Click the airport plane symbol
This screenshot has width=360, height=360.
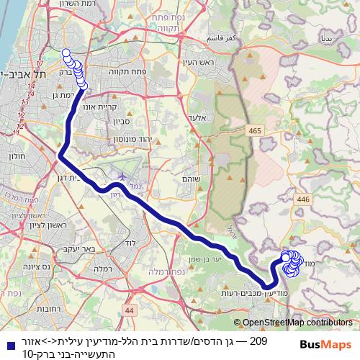122,175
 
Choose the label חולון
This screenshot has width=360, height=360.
17,156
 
